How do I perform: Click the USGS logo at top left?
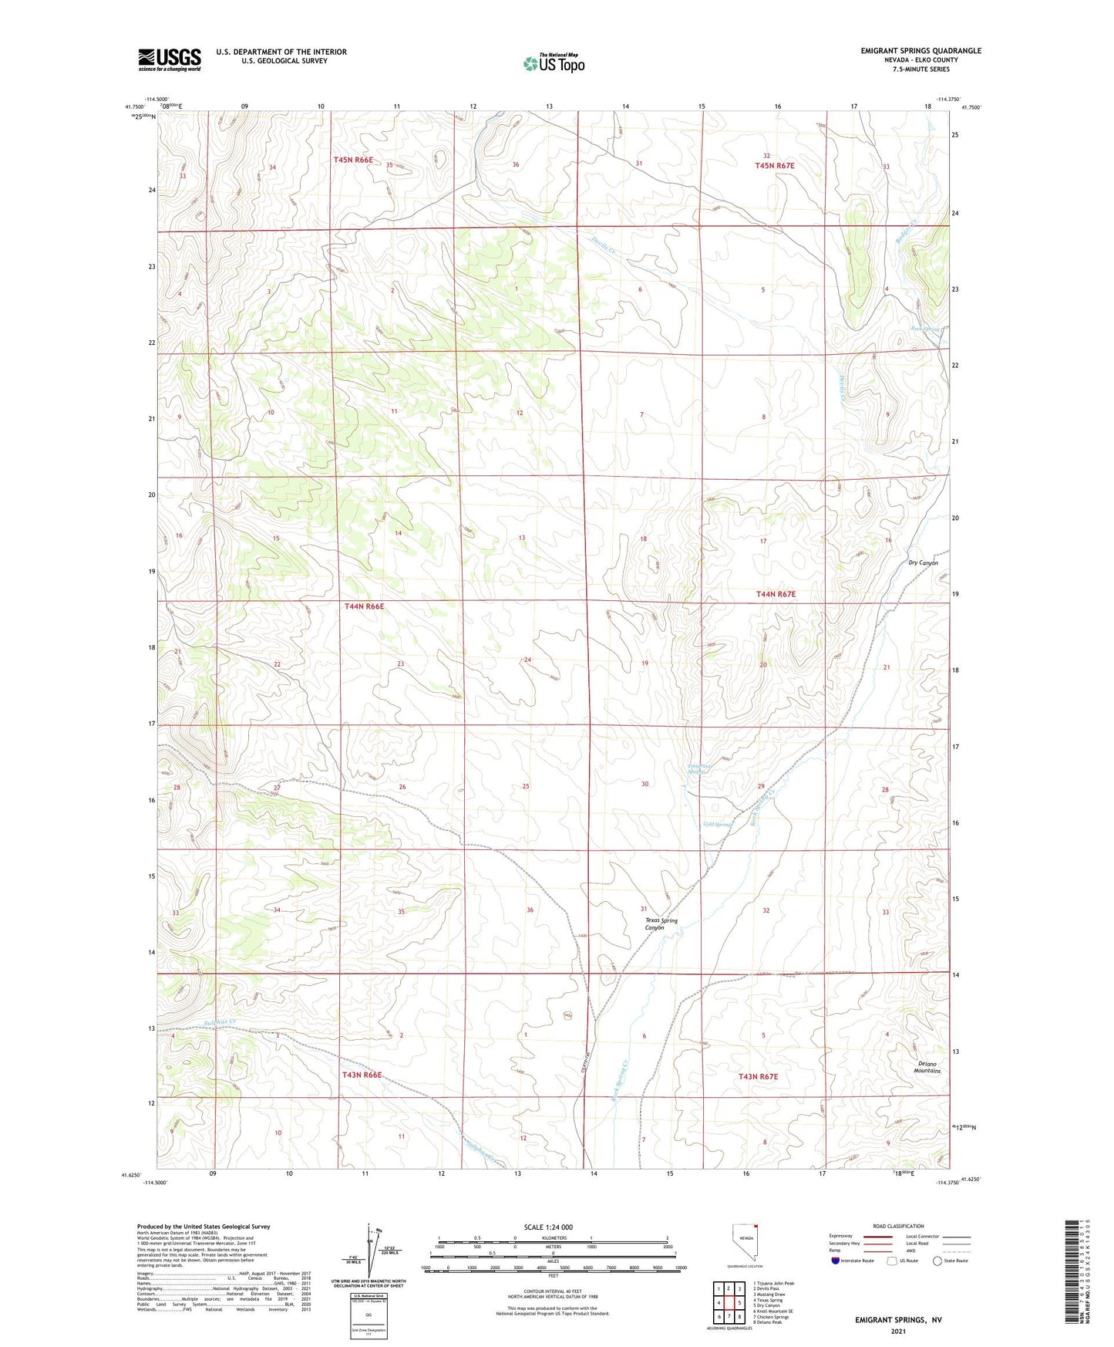click(x=169, y=59)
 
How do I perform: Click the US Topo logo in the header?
click(x=554, y=63)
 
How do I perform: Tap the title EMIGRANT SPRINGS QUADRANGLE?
click(x=920, y=51)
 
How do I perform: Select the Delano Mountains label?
click(x=927, y=1067)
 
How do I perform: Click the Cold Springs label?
click(x=717, y=825)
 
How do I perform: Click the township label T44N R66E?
click(x=364, y=606)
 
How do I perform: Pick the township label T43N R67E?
click(x=758, y=1076)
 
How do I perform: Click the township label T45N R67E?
click(x=774, y=166)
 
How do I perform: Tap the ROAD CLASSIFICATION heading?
click(x=898, y=1226)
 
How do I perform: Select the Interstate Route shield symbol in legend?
click(x=836, y=1261)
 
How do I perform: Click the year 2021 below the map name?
click(x=898, y=1332)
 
